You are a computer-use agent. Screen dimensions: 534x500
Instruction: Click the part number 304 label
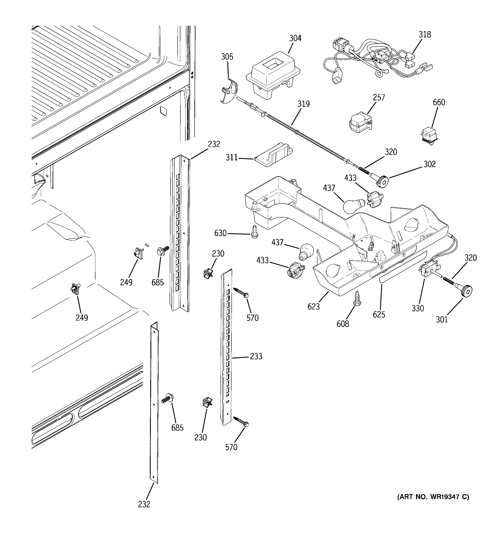click(295, 38)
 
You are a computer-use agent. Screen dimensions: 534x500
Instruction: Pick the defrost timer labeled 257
click(360, 124)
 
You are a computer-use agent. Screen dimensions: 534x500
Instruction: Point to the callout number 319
click(303, 104)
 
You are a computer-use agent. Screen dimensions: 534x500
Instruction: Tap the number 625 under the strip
click(379, 314)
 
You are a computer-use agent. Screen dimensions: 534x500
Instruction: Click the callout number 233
click(256, 356)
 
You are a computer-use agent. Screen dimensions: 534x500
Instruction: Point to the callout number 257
click(379, 98)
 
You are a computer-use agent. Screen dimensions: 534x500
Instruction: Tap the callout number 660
click(439, 102)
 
